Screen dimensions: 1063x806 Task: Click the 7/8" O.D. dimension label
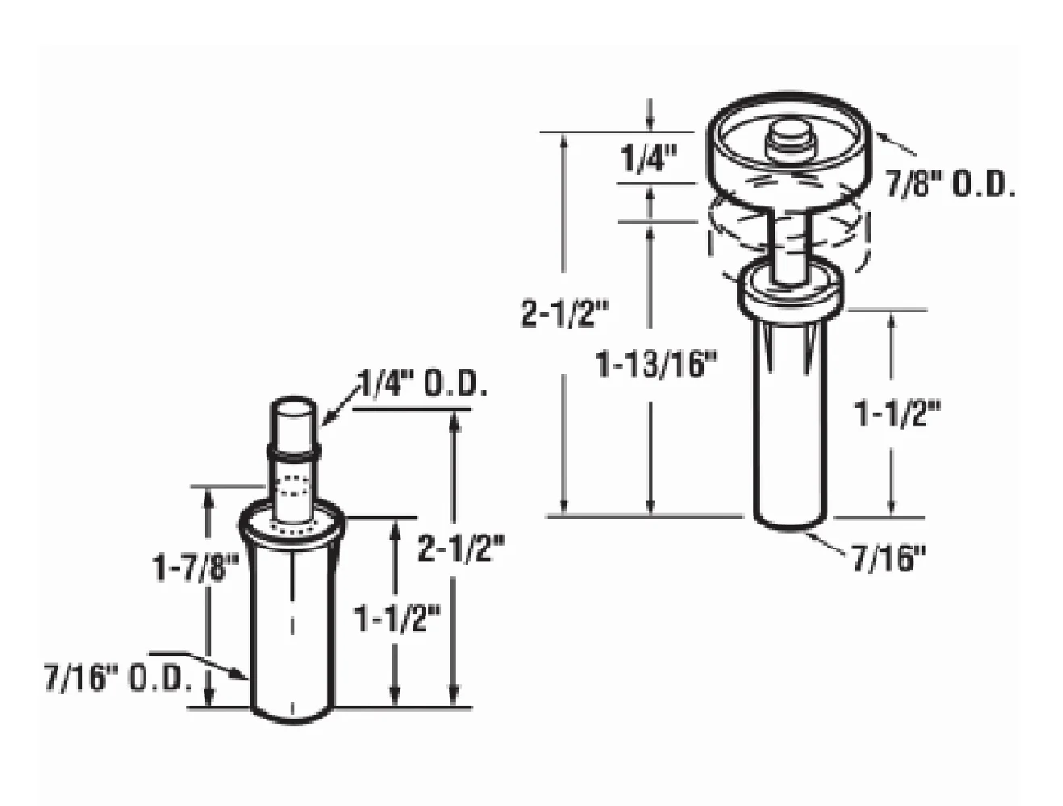click(x=949, y=185)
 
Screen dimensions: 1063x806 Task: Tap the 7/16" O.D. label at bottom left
click(x=118, y=679)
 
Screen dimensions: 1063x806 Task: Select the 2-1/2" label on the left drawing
click(x=461, y=550)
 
